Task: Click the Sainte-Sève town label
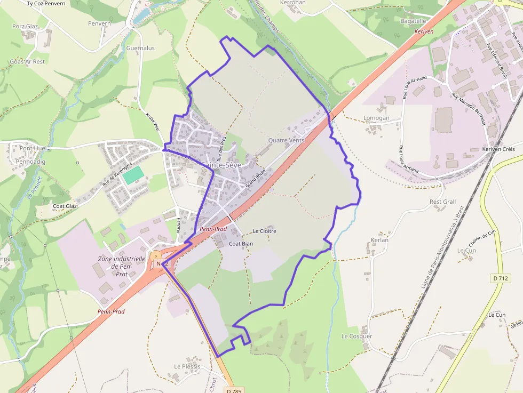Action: point(221,165)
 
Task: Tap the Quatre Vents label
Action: point(286,141)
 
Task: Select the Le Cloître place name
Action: point(264,231)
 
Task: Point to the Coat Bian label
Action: point(241,243)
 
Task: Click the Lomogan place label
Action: point(376,118)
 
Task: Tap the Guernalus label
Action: point(140,48)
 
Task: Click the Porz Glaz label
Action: point(25,26)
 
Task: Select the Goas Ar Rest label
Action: point(27,61)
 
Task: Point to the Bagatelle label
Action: point(413,21)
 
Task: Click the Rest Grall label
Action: point(443,202)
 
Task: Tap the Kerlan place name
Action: point(379,240)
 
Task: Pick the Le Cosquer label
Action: point(356,336)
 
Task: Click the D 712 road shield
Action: point(501,278)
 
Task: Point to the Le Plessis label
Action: point(187,366)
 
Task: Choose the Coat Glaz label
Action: point(65,206)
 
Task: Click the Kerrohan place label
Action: point(293,3)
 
